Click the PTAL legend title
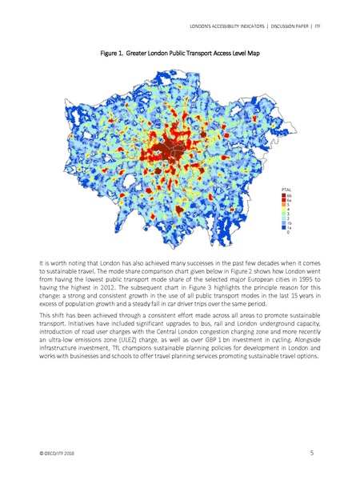[x=286, y=189]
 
